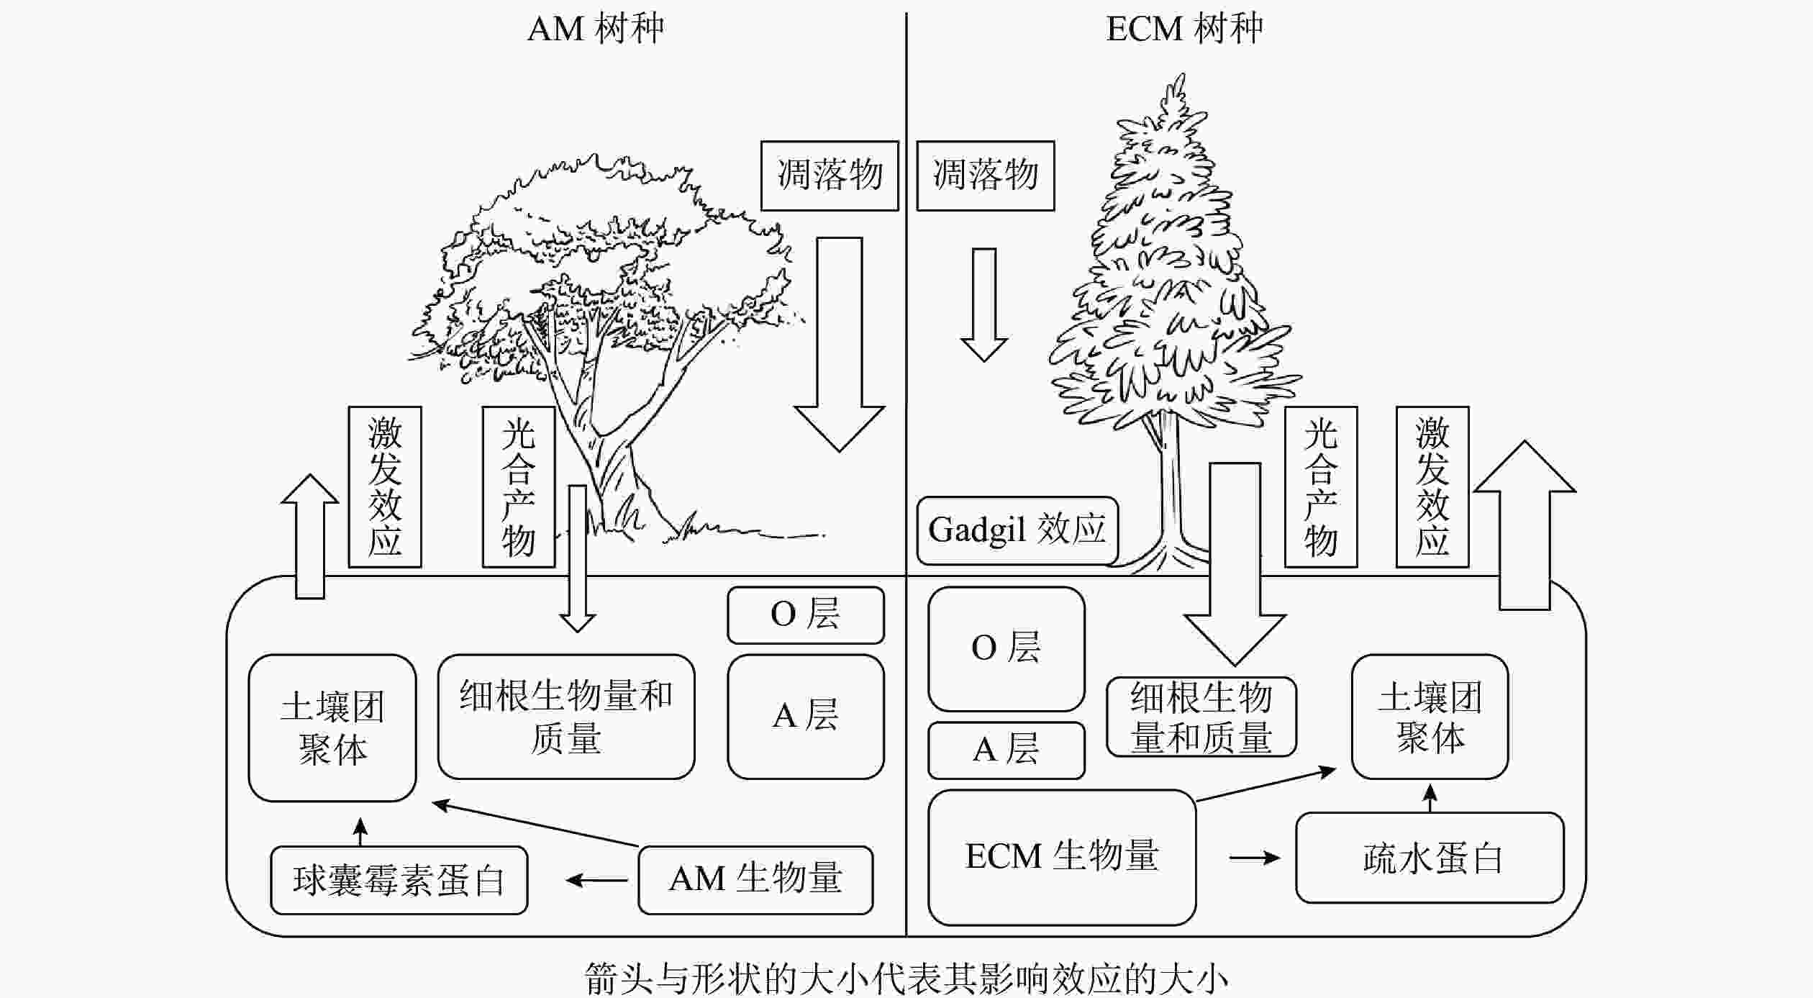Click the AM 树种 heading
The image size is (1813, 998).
596,30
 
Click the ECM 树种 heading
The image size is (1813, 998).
1184,30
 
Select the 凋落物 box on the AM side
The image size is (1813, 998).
830,176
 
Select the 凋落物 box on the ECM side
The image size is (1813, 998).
985,176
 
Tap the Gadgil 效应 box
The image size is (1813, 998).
1017,530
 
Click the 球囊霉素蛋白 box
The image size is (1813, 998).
399,880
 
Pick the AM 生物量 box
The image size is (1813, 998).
755,879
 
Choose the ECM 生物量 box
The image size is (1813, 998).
1061,857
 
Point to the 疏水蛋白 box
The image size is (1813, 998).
1430,858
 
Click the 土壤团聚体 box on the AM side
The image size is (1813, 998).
332,727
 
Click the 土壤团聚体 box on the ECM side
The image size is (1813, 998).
1430,717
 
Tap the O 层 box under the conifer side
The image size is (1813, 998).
1006,648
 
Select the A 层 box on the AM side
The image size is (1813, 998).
805,716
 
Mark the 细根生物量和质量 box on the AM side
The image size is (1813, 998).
566,717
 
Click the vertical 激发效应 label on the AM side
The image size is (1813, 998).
385,487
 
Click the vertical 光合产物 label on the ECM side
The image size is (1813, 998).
1320,487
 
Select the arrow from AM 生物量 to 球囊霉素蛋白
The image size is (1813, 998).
596,880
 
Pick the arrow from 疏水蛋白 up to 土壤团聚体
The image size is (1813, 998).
1430,797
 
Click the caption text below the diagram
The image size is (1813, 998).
906,980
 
